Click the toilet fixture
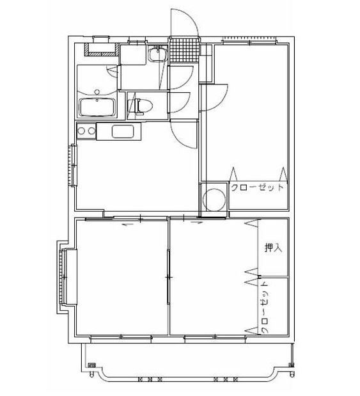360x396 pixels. (x=141, y=106)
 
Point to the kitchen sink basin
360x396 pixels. (x=122, y=132)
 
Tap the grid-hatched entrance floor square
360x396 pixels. (x=184, y=51)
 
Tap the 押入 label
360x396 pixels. (x=274, y=248)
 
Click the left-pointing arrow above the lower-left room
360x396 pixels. (x=127, y=225)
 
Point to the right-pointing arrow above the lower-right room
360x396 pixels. (x=195, y=224)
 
